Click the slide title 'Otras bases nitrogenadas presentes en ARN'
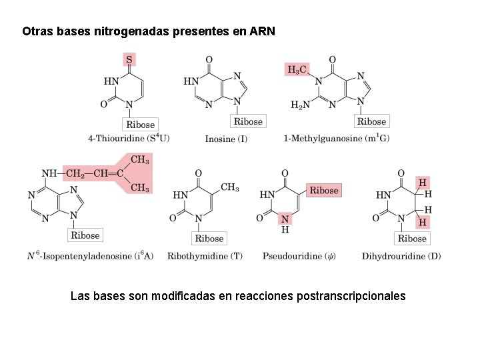click(x=148, y=31)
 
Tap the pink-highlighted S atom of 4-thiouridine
click(x=129, y=59)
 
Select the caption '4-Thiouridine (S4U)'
click(x=129, y=139)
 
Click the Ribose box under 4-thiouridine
click(x=140, y=124)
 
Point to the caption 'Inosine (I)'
click(x=226, y=139)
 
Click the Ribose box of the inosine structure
click(x=248, y=121)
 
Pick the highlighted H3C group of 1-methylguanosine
click(x=297, y=69)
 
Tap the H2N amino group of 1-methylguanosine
click(x=301, y=105)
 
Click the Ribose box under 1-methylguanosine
click(x=371, y=121)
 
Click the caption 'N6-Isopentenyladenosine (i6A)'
click(x=90, y=256)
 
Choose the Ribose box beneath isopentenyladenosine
click(x=85, y=235)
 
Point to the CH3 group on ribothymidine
click(x=229, y=188)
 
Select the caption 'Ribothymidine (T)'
click(x=205, y=256)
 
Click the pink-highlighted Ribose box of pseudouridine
click(x=324, y=191)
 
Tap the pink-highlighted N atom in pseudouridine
click(x=285, y=219)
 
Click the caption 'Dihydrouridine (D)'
click(x=401, y=256)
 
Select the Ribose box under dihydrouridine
click(x=411, y=238)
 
